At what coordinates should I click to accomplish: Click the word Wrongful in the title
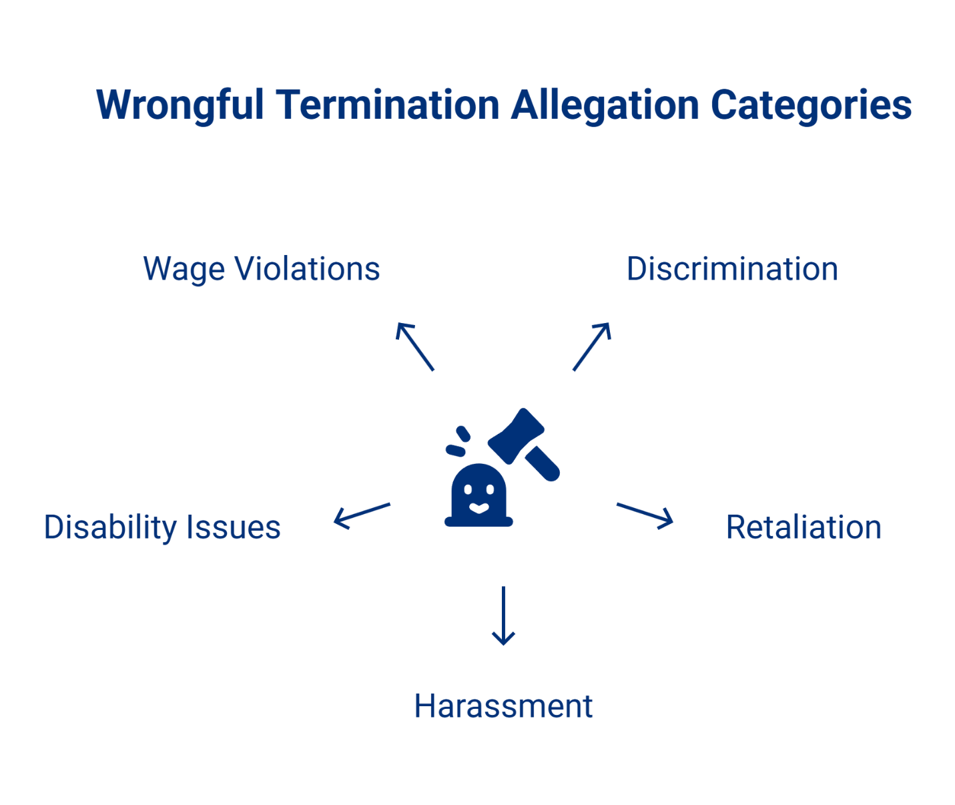click(180, 105)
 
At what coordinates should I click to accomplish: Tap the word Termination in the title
click(388, 105)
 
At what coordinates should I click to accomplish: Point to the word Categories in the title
click(811, 105)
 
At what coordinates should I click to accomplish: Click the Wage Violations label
click(262, 269)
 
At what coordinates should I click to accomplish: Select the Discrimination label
click(732, 269)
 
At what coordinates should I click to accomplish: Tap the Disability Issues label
click(162, 527)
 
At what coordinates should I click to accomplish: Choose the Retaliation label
click(804, 527)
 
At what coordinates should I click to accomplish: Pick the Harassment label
click(503, 706)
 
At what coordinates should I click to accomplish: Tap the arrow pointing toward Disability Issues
click(362, 515)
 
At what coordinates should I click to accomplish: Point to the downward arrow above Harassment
click(503, 615)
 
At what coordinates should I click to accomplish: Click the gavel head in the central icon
click(516, 435)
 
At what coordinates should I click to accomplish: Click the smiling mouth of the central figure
click(479, 508)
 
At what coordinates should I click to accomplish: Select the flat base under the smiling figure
click(479, 522)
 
